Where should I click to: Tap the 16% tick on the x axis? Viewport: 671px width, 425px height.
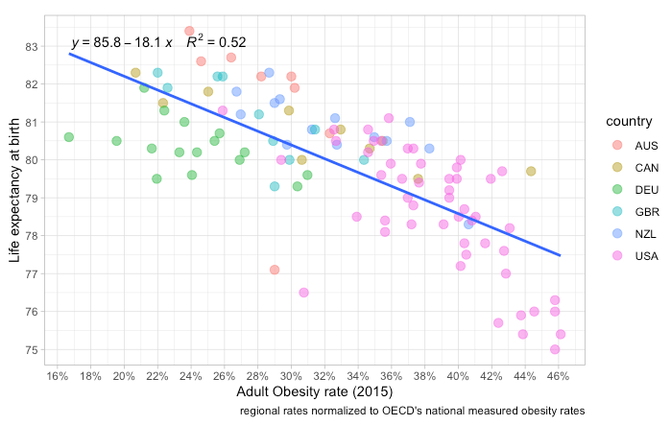click(x=57, y=375)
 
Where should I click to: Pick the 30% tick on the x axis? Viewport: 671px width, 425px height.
click(x=291, y=375)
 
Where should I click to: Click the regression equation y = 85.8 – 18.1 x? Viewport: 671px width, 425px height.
click(x=121, y=43)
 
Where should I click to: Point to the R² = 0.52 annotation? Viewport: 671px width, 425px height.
click(x=216, y=42)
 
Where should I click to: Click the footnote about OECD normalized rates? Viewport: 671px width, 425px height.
click(x=412, y=411)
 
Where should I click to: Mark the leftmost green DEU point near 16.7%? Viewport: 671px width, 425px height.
click(x=69, y=137)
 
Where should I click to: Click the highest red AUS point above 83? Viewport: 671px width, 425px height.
click(x=189, y=31)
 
